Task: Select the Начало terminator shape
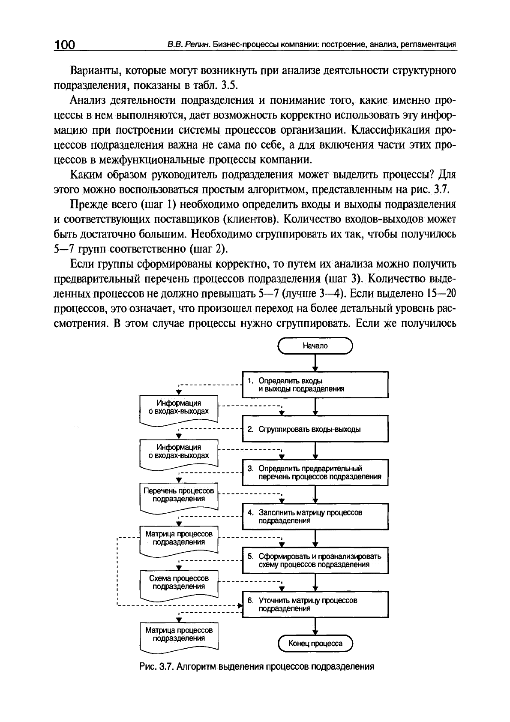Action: coord(315,346)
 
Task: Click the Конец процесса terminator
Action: coord(315,644)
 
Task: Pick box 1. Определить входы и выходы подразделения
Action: coord(315,385)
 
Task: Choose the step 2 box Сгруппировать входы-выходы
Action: coord(315,429)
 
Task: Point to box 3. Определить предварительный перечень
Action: coord(315,472)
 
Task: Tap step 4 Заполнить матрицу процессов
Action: coord(315,516)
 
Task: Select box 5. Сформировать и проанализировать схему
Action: coord(315,560)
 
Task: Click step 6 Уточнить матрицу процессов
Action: coord(315,605)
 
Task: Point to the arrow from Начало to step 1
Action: coord(315,364)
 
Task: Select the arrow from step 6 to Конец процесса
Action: coord(315,626)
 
